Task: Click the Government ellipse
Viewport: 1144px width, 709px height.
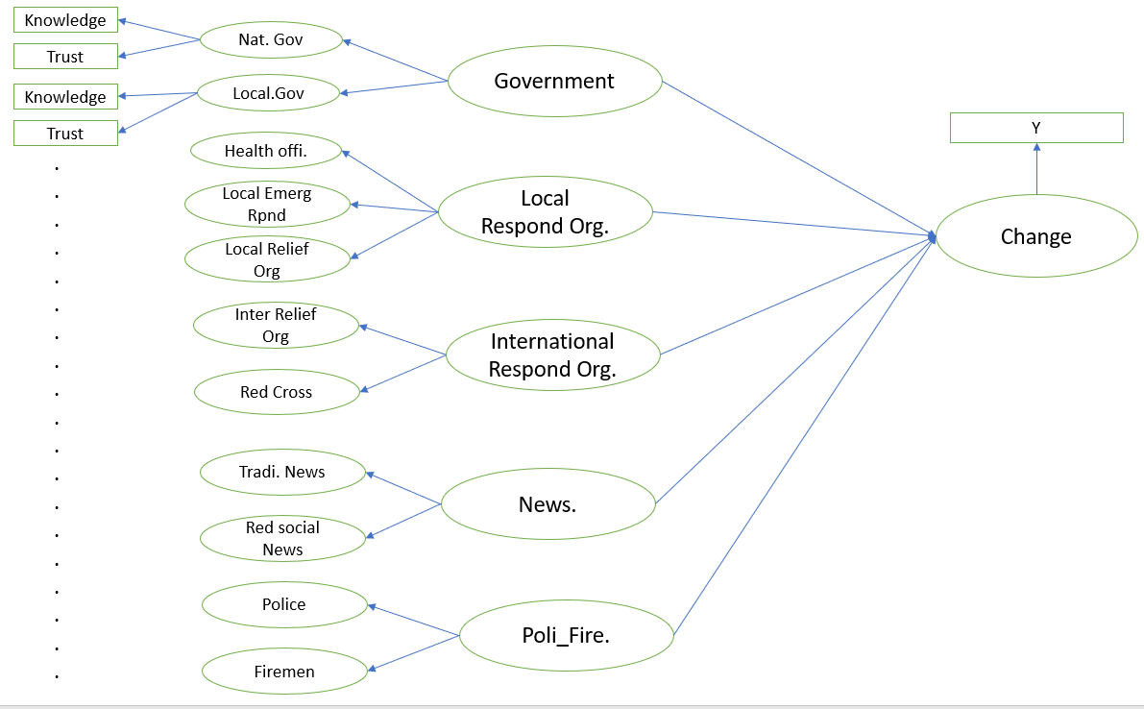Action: click(x=554, y=82)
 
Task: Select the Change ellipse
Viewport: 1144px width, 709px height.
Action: click(x=1036, y=236)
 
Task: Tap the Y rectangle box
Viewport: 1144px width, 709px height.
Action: click(x=1036, y=128)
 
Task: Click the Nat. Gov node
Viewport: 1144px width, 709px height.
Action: click(x=271, y=40)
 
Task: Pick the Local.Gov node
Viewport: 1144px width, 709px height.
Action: click(x=268, y=93)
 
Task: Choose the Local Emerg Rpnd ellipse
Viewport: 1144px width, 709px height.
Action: click(x=267, y=205)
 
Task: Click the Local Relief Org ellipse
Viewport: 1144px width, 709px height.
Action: click(x=267, y=260)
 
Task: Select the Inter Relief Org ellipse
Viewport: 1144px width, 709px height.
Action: click(x=276, y=326)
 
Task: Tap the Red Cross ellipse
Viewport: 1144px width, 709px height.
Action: click(x=277, y=392)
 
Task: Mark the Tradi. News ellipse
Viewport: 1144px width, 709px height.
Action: click(x=282, y=472)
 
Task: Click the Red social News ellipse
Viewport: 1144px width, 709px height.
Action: click(x=283, y=539)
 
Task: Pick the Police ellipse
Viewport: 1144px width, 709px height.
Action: click(x=284, y=604)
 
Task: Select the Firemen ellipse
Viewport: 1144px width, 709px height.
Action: click(x=285, y=672)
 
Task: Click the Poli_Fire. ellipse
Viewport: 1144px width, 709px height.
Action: click(x=566, y=635)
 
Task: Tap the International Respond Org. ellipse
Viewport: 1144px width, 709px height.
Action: click(x=552, y=355)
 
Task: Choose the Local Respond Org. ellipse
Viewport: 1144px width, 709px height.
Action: click(x=546, y=212)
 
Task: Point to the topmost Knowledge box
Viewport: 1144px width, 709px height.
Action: click(x=65, y=20)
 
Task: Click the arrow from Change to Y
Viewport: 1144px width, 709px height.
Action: click(x=1036, y=170)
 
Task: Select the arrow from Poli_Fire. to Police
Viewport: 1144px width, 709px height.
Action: click(x=414, y=620)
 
